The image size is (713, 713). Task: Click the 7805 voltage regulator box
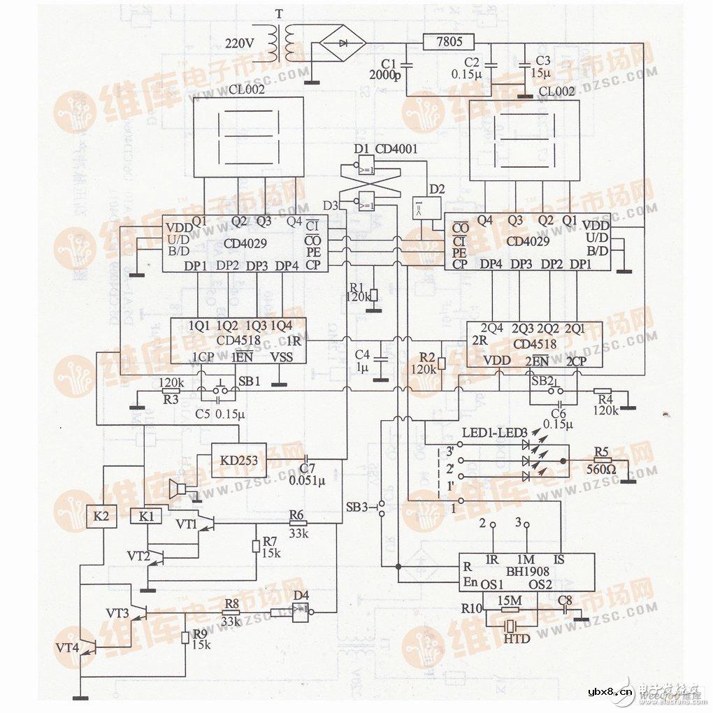pos(449,42)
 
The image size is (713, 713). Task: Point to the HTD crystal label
pos(517,639)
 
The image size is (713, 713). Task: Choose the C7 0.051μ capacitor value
pos(308,482)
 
